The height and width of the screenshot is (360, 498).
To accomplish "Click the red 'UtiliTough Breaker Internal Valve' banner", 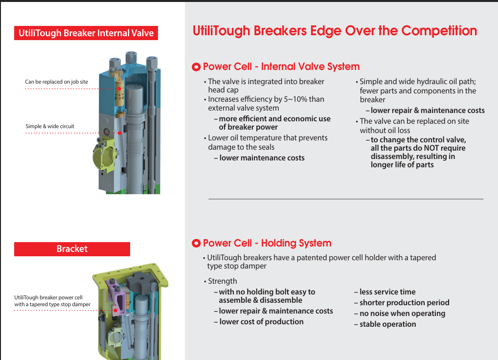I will (86, 33).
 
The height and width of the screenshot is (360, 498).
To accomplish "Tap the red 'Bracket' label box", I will (72, 249).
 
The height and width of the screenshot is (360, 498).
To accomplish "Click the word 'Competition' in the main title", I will (439, 31).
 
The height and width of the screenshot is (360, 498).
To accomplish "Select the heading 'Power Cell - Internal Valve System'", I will (281, 67).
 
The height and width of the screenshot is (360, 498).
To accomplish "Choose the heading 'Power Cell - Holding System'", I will (267, 244).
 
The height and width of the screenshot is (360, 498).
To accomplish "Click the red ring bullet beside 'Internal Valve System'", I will (197, 67).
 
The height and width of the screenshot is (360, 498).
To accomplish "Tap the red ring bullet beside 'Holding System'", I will (197, 244).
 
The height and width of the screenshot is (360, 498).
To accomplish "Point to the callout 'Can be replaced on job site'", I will (57, 82).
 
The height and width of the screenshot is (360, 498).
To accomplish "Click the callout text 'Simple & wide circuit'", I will (50, 126).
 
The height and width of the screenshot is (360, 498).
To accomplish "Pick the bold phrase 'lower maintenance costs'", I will (262, 158).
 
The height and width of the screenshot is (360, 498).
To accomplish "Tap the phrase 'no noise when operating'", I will (402, 314).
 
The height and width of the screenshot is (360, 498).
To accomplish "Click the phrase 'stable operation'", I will (387, 324).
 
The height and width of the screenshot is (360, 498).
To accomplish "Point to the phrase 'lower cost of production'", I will (261, 322).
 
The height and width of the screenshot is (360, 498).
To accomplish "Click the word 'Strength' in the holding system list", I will (222, 281).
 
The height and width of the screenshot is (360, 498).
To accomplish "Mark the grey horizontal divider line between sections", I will (345, 199).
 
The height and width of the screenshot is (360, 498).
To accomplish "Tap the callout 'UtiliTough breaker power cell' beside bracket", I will (48, 297).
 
